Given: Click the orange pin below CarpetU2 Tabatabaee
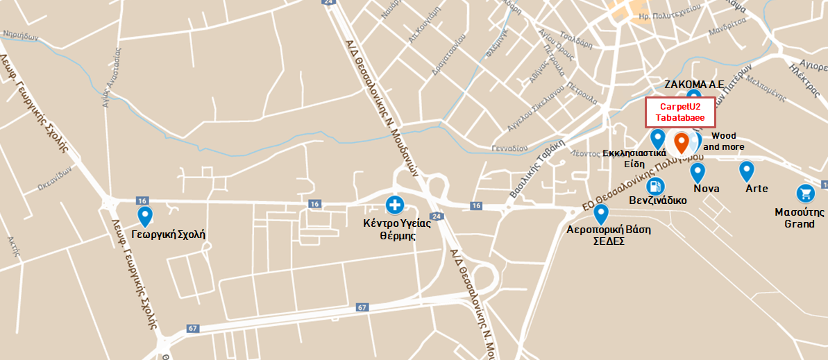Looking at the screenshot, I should pyautogui.click(x=682, y=142).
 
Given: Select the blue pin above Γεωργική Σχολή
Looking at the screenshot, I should pyautogui.click(x=145, y=216).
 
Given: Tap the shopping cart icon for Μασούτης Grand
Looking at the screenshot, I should pyautogui.click(x=804, y=194).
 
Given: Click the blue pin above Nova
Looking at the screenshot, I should pyautogui.click(x=698, y=172).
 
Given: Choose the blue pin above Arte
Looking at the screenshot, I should pyautogui.click(x=746, y=171).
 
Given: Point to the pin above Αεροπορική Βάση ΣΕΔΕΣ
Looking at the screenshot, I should pyautogui.click(x=601, y=214).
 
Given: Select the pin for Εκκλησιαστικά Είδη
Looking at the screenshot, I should pyautogui.click(x=657, y=138).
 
